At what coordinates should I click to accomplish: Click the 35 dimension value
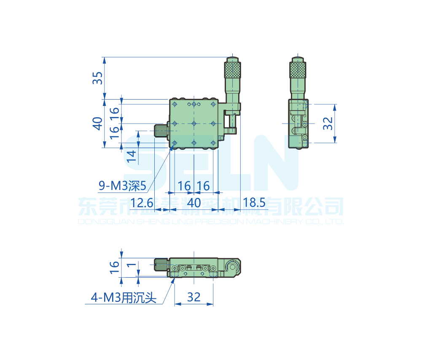pyautogui.click(x=97, y=78)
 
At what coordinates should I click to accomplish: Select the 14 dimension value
pyautogui.click(x=132, y=156)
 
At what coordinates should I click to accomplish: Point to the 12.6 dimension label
pyautogui.click(x=142, y=203)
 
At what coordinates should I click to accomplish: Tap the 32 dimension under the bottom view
pyautogui.click(x=194, y=297)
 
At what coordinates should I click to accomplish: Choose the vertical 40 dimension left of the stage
pyautogui.click(x=97, y=123)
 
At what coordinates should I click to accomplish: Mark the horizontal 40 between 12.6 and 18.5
pyautogui.click(x=194, y=203)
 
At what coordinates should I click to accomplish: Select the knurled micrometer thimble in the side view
pyautogui.click(x=298, y=70)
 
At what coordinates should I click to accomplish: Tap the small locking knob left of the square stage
pyautogui.click(x=161, y=131)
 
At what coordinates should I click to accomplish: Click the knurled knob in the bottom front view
pyautogui.click(x=161, y=265)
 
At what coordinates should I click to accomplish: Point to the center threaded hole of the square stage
pyautogui.click(x=194, y=123)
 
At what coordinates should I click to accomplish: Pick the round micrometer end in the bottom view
pyautogui.click(x=232, y=266)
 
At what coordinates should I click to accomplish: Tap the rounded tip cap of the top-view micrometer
pyautogui.click(x=232, y=59)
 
